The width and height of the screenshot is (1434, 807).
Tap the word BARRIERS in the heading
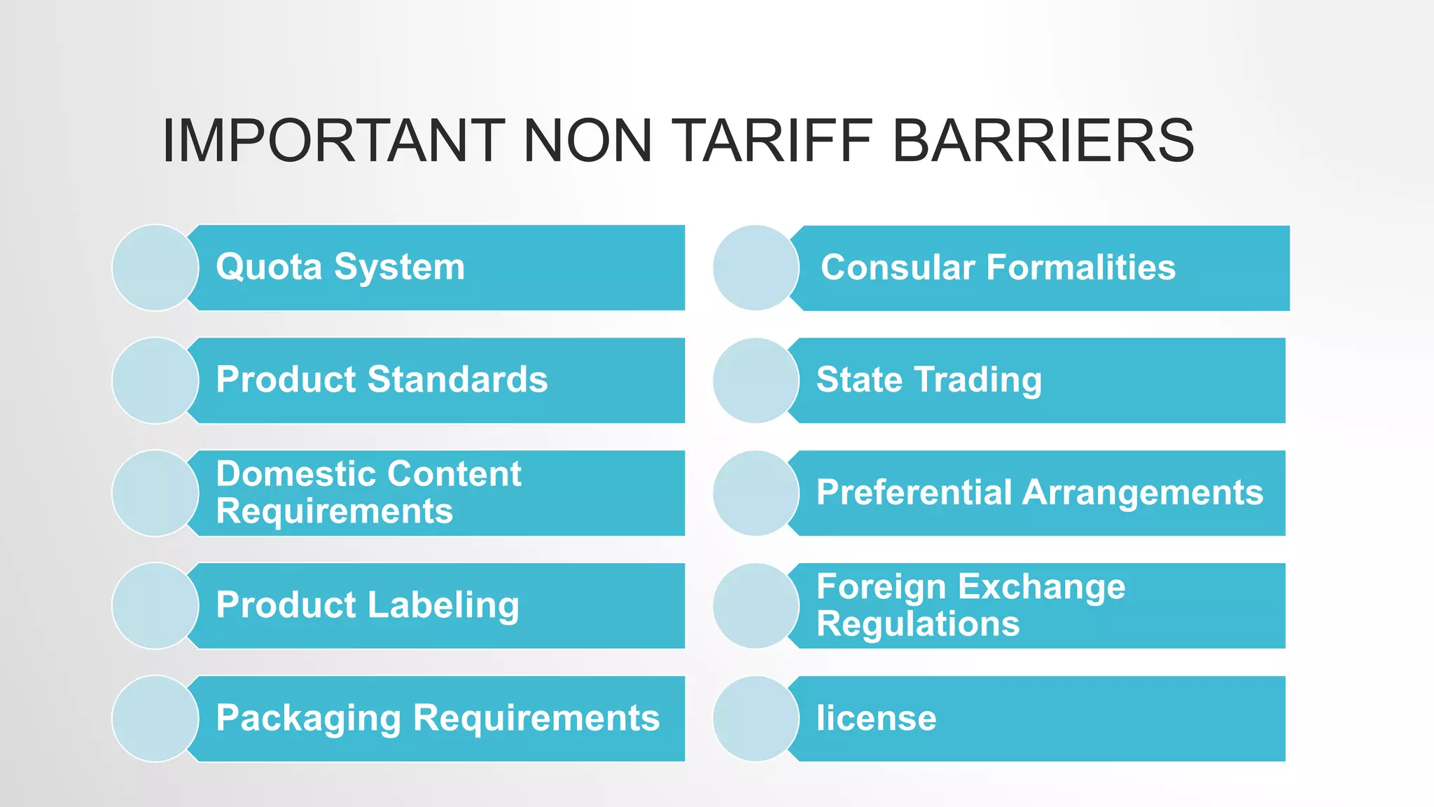[1043, 141]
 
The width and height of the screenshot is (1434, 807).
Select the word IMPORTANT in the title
[333, 141]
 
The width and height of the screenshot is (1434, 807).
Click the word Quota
[269, 268]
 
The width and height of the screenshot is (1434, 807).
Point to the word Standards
[457, 380]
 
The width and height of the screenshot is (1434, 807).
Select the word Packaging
[308, 719]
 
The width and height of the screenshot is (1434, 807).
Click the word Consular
[898, 268]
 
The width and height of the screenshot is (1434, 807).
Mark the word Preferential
[914, 492]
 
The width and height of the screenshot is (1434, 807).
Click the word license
[876, 719]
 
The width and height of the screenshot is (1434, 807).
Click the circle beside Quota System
[155, 268]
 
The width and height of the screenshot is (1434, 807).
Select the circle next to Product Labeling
[155, 606]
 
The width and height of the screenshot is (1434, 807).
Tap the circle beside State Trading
[756, 380]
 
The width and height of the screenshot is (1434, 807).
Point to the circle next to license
[756, 719]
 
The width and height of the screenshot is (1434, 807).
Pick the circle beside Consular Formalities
[756, 268]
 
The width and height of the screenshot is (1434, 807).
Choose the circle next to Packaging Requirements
[155, 719]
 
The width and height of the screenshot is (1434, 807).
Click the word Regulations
[918, 624]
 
